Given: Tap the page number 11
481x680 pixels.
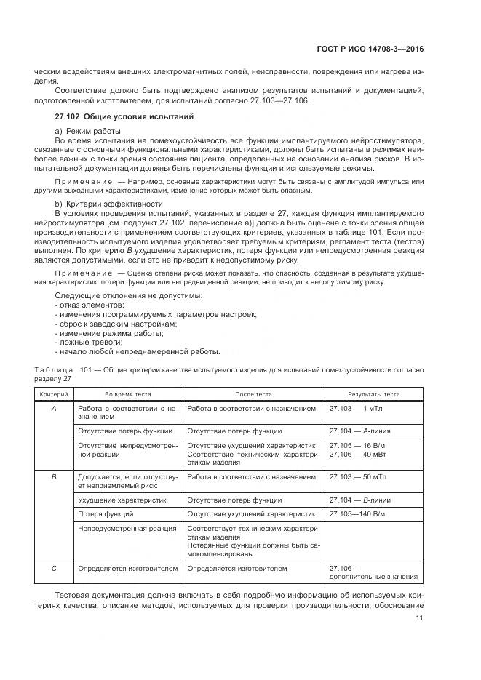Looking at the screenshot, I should point(419,618).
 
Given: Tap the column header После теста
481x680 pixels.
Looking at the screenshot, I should point(253,393).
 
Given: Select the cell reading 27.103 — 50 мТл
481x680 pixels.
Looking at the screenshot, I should point(358,477).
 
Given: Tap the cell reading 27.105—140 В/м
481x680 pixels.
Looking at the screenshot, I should point(357,514).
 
